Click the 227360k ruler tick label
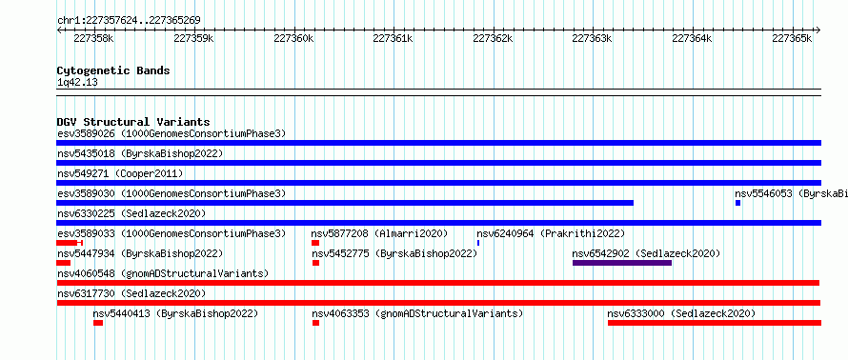(x=293, y=38)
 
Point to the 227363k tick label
(x=593, y=38)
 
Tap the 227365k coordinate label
(x=792, y=38)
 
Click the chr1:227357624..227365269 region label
(x=129, y=21)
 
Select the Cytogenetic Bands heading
(x=113, y=70)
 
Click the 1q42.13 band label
(x=77, y=83)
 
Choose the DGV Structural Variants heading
(x=133, y=122)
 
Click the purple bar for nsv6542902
(x=622, y=263)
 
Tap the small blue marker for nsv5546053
(x=737, y=203)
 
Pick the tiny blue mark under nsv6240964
(x=478, y=243)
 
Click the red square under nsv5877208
(x=315, y=243)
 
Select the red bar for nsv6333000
(x=715, y=323)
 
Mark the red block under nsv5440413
(x=98, y=323)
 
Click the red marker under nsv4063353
(x=315, y=323)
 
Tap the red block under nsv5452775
(x=315, y=263)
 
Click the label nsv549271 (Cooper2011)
(x=120, y=173)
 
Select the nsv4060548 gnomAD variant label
(x=163, y=273)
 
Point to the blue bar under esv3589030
(x=345, y=203)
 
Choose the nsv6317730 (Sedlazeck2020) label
(x=131, y=293)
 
